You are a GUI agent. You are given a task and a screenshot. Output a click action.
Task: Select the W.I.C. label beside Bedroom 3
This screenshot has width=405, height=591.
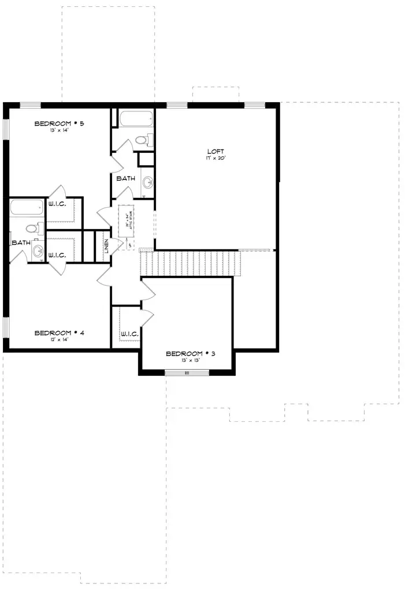[x=128, y=334]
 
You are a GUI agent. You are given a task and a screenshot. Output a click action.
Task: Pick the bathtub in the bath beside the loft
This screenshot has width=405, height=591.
[x=136, y=119]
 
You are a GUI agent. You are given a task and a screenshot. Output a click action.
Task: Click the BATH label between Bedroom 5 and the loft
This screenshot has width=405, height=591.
[x=125, y=178]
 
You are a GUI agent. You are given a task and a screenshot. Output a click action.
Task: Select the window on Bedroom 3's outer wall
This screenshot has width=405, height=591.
[x=187, y=373]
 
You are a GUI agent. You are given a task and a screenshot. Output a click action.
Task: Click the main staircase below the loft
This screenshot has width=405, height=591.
[x=190, y=263]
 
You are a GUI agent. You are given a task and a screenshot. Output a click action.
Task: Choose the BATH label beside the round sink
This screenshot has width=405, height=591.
[x=20, y=242]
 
